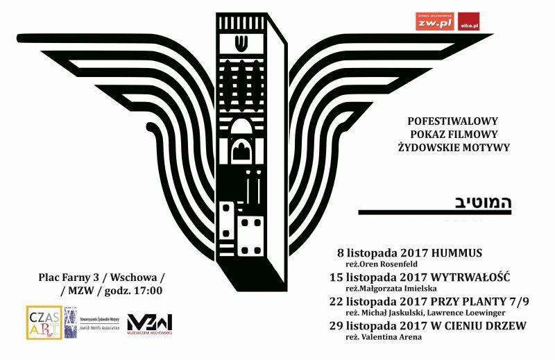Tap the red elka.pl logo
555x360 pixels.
470,22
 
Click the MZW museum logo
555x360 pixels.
149,323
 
